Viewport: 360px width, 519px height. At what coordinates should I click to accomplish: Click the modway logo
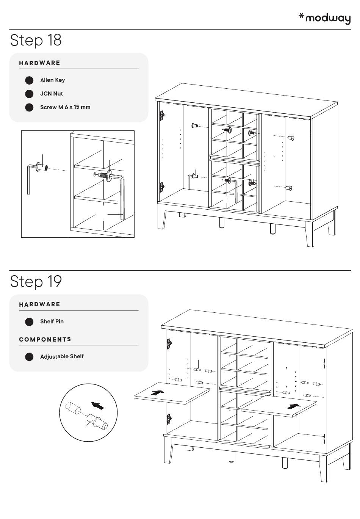[x=325, y=18]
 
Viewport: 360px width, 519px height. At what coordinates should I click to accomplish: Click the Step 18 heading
[x=36, y=40]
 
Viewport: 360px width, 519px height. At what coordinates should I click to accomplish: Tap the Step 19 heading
[x=36, y=281]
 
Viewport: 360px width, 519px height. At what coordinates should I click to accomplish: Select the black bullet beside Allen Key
[x=29, y=80]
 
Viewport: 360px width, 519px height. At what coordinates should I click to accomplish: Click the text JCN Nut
[x=52, y=94]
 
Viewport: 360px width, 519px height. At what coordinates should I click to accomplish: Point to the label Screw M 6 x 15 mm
[x=65, y=107]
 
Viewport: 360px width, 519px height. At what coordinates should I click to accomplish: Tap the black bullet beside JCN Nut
[x=29, y=94]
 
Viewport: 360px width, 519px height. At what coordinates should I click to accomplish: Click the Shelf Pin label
[x=52, y=321]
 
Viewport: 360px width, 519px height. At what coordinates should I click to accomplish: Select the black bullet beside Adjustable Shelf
[x=29, y=357]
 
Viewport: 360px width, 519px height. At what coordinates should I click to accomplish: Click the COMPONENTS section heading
[x=45, y=339]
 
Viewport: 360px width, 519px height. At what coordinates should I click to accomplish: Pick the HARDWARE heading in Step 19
[x=40, y=304]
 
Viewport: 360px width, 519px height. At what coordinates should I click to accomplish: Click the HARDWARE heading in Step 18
[x=40, y=63]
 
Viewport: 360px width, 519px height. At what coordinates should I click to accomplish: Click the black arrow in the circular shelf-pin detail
[x=98, y=405]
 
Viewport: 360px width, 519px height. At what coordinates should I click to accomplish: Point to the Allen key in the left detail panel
[x=29, y=179]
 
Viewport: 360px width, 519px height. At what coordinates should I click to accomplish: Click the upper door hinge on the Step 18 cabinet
[x=162, y=115]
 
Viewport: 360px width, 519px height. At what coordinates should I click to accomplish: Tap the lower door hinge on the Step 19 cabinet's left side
[x=169, y=419]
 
